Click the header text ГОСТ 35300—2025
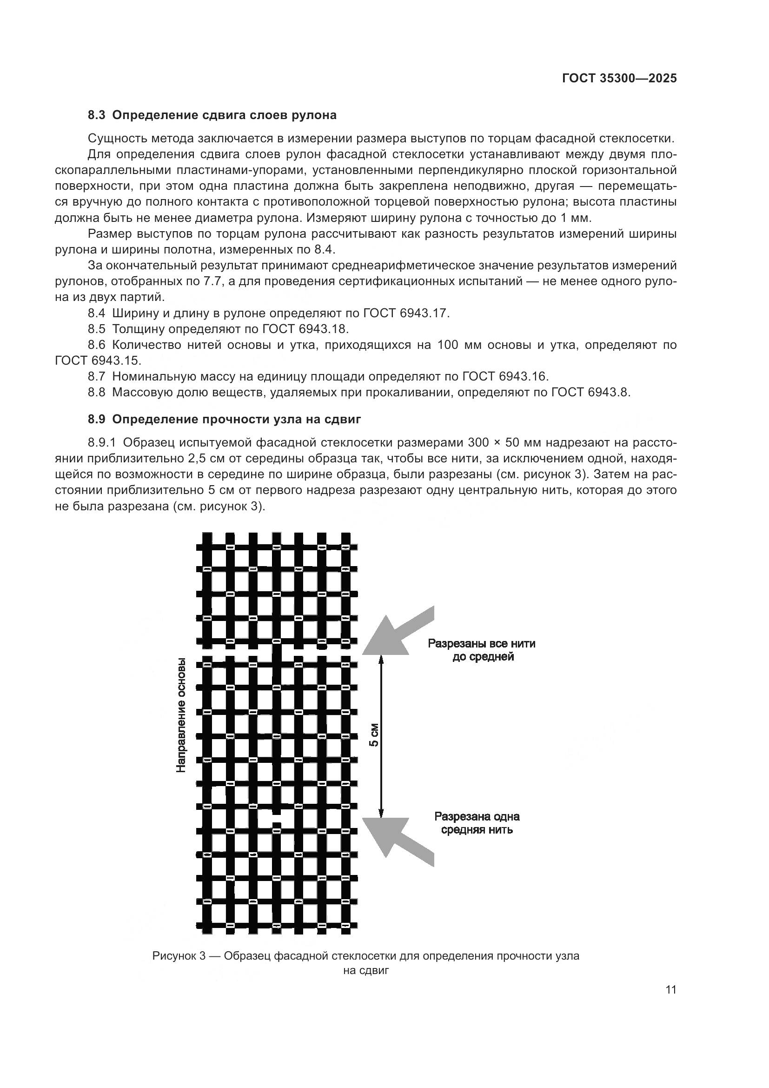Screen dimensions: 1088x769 tap(619, 79)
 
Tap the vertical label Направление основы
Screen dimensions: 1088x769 tap(181, 715)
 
